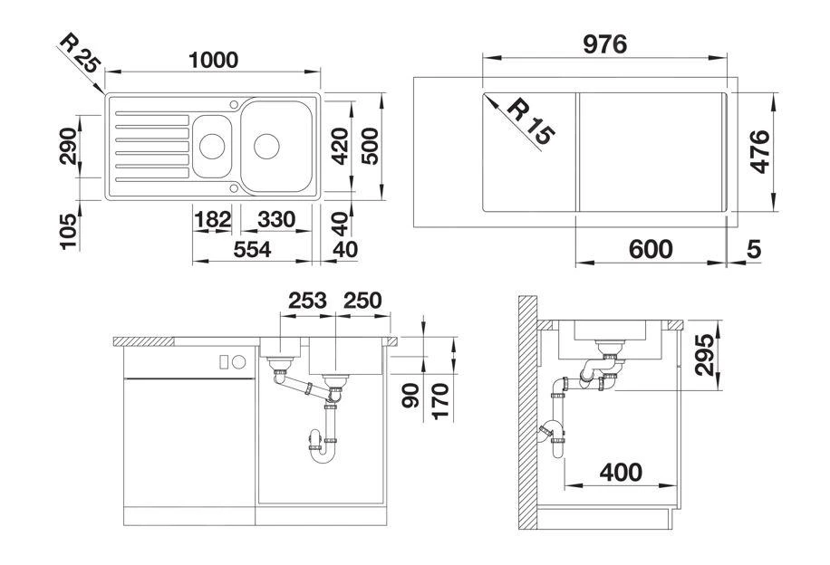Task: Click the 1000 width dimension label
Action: click(x=214, y=60)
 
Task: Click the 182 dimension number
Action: click(x=211, y=220)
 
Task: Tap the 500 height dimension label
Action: click(x=371, y=144)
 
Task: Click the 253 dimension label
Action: click(x=307, y=301)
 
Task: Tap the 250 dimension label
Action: click(x=362, y=301)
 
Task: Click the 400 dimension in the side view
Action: click(x=621, y=472)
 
